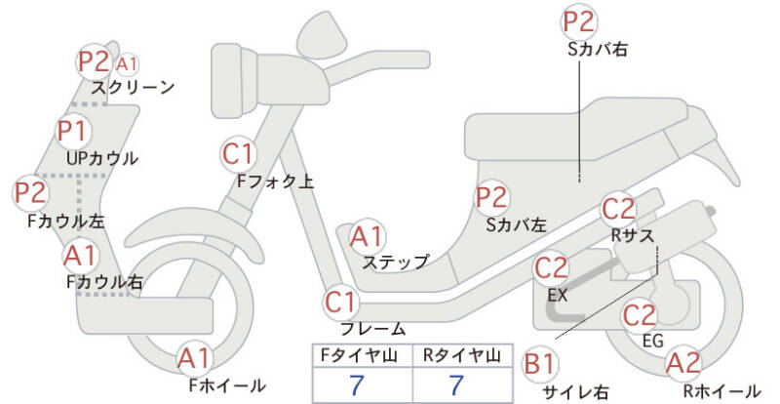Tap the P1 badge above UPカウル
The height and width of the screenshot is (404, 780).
coord(72,129)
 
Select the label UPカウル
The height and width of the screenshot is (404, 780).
coord(102,158)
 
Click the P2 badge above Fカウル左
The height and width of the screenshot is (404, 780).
coord(30,191)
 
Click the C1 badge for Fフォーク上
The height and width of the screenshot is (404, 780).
coord(238,153)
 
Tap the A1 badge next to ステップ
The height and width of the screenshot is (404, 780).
coord(368,235)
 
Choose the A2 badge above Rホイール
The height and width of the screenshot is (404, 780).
coord(684,363)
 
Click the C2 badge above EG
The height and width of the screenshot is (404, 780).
coord(640,315)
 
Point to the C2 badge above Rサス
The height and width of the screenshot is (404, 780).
coord(619,208)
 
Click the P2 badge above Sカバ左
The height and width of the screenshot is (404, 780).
coord(491,197)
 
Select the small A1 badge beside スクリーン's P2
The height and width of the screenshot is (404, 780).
coord(127,64)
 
